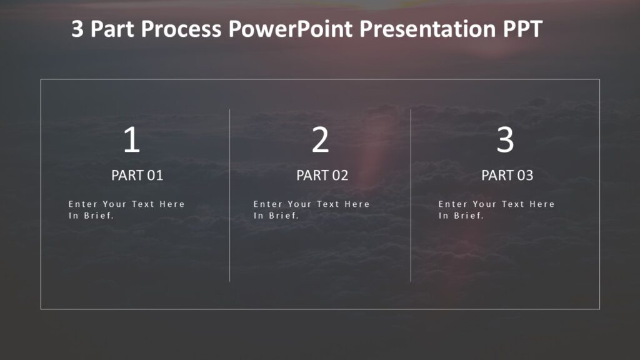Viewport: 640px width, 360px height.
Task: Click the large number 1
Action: [x=131, y=140]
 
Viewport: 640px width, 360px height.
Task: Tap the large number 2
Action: [x=320, y=140]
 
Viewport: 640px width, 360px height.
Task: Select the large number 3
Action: [x=505, y=140]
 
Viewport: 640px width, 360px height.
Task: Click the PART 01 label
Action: [x=137, y=176]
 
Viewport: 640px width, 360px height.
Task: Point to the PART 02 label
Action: [x=322, y=176]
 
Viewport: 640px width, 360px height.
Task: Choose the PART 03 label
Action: [x=507, y=176]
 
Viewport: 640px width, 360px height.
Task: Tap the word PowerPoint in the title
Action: [x=294, y=29]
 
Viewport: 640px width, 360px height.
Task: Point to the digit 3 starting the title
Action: [x=77, y=29]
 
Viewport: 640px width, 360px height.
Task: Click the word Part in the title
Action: [x=113, y=29]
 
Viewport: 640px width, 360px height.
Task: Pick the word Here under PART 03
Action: [x=542, y=204]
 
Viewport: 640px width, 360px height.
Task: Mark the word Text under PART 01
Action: [x=142, y=204]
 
